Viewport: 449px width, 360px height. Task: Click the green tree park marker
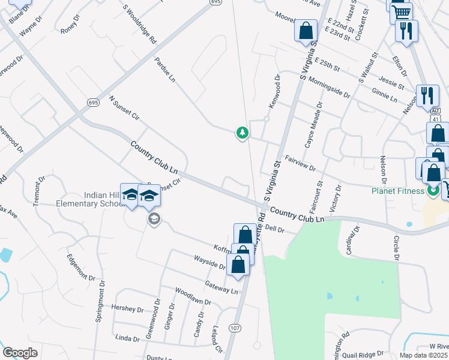pyautogui.click(x=242, y=133)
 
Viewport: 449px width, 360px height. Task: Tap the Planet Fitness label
pyautogui.click(x=397, y=191)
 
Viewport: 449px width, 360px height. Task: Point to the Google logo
pyautogui.click(x=20, y=353)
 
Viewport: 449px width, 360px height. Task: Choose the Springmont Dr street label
pyautogui.click(x=100, y=301)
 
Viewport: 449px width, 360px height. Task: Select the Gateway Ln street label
pyautogui.click(x=221, y=286)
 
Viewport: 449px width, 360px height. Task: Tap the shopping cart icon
pyautogui.click(x=401, y=11)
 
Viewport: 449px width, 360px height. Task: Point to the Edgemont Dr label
pyautogui.click(x=81, y=267)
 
